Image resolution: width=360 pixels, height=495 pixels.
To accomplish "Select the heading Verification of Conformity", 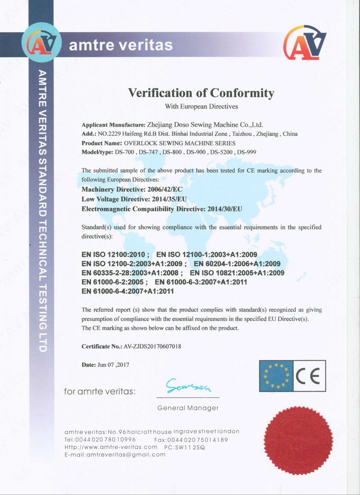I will coord(201,93).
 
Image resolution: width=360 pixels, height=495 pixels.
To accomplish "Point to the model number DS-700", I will coord(125,152).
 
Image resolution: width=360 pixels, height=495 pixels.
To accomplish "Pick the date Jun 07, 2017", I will coord(113,365).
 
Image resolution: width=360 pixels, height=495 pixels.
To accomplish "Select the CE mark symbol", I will coord(310,376).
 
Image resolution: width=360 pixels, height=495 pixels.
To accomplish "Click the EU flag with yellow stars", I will coord(276,376).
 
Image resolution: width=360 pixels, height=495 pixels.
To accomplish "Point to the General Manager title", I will coord(188,408).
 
